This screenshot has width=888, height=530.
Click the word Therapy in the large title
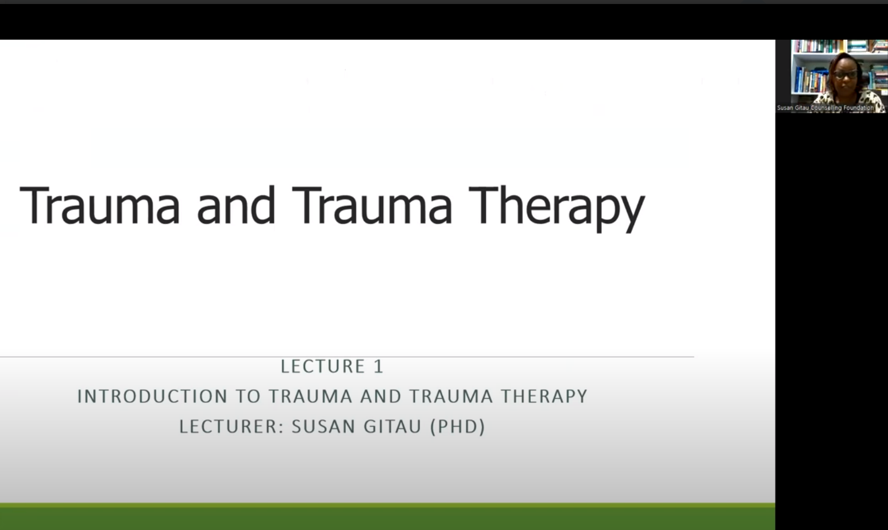tap(557, 208)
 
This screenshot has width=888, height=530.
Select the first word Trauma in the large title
tap(99, 205)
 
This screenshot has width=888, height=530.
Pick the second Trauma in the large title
tap(372, 205)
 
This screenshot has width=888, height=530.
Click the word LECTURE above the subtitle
tap(323, 366)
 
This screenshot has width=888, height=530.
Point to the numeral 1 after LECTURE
tap(378, 366)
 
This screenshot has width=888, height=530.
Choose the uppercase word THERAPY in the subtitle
tap(544, 396)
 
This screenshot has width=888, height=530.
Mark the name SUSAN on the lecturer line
tap(323, 427)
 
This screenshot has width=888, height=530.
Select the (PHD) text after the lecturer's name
tap(457, 427)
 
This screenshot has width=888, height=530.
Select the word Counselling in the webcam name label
tap(826, 108)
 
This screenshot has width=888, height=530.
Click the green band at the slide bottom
tap(387, 517)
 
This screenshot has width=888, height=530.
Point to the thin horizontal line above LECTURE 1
tap(347, 357)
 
